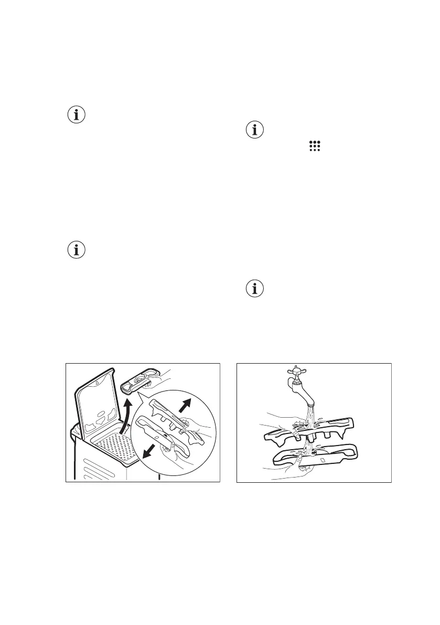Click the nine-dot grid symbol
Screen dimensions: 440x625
pos(315,146)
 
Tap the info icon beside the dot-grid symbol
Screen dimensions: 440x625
pos(255,130)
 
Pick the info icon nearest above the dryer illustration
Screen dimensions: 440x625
pos(77,250)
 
